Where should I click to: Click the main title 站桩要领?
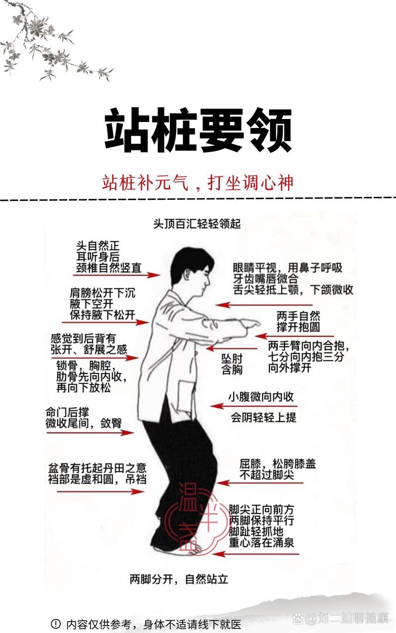[198, 130]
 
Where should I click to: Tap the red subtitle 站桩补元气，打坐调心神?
[198, 182]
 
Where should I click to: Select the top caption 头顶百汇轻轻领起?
[197, 224]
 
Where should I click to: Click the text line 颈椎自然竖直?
[108, 268]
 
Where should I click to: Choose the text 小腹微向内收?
[261, 397]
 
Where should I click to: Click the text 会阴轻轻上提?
[263, 417]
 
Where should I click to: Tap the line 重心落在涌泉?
[261, 542]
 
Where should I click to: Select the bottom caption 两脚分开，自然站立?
[179, 578]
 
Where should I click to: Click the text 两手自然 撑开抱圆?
[298, 321]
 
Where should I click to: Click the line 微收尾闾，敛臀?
[83, 423]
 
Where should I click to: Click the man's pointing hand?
[250, 324]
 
